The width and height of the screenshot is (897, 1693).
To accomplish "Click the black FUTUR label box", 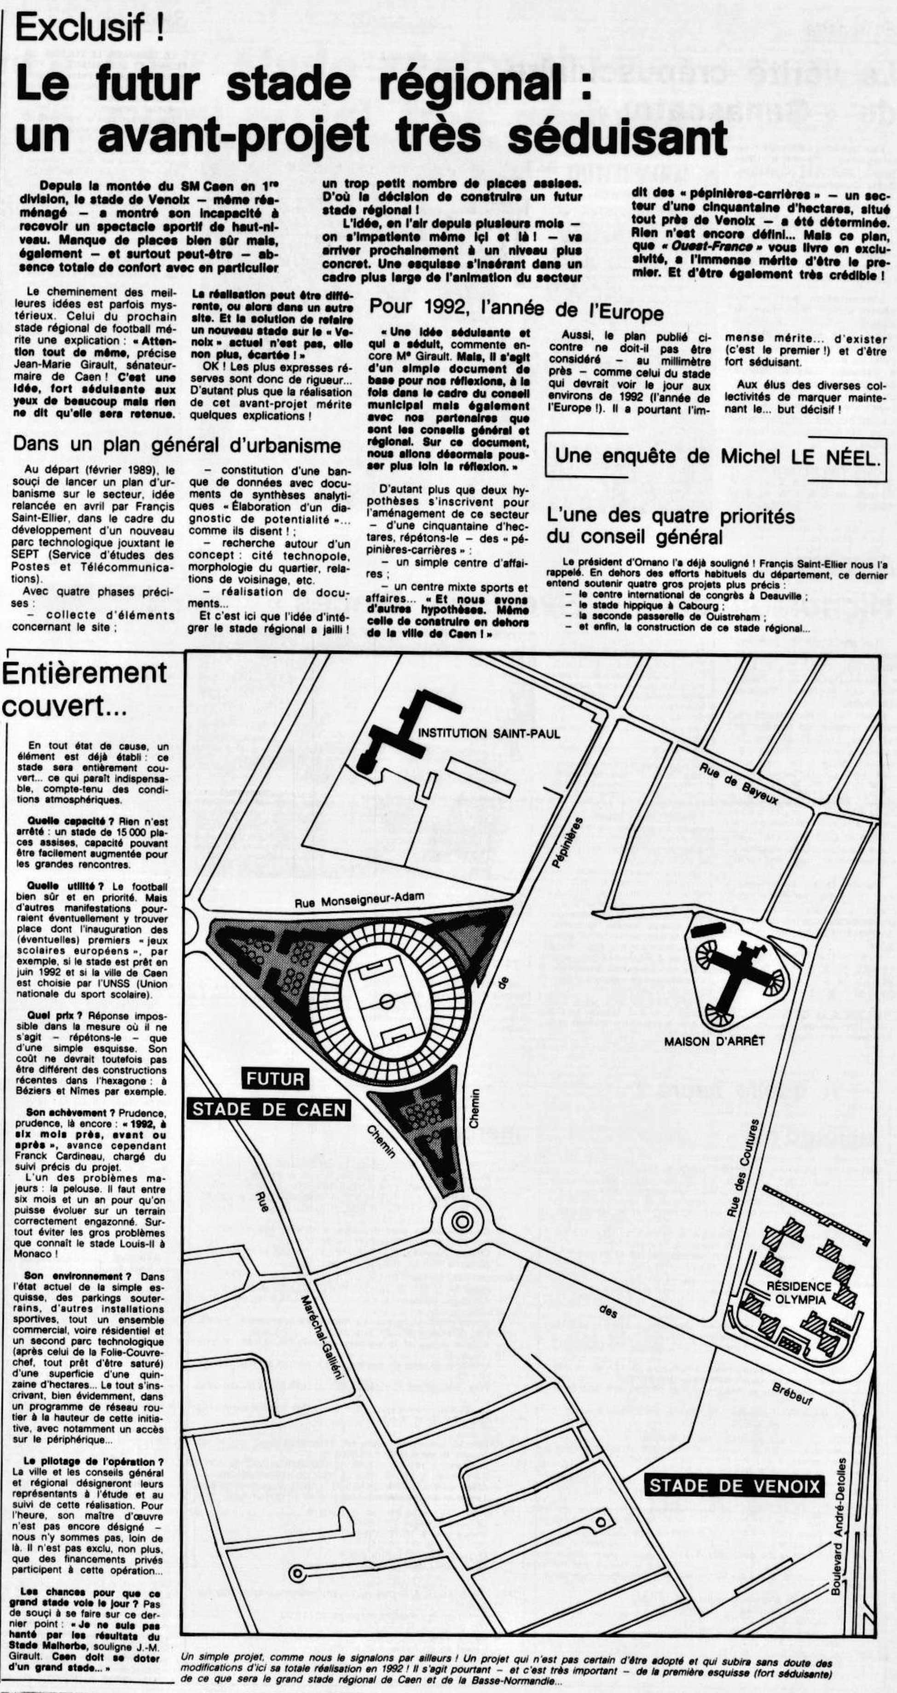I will coord(275,1078).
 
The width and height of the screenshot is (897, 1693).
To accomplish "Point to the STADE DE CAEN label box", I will coord(269,1110).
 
